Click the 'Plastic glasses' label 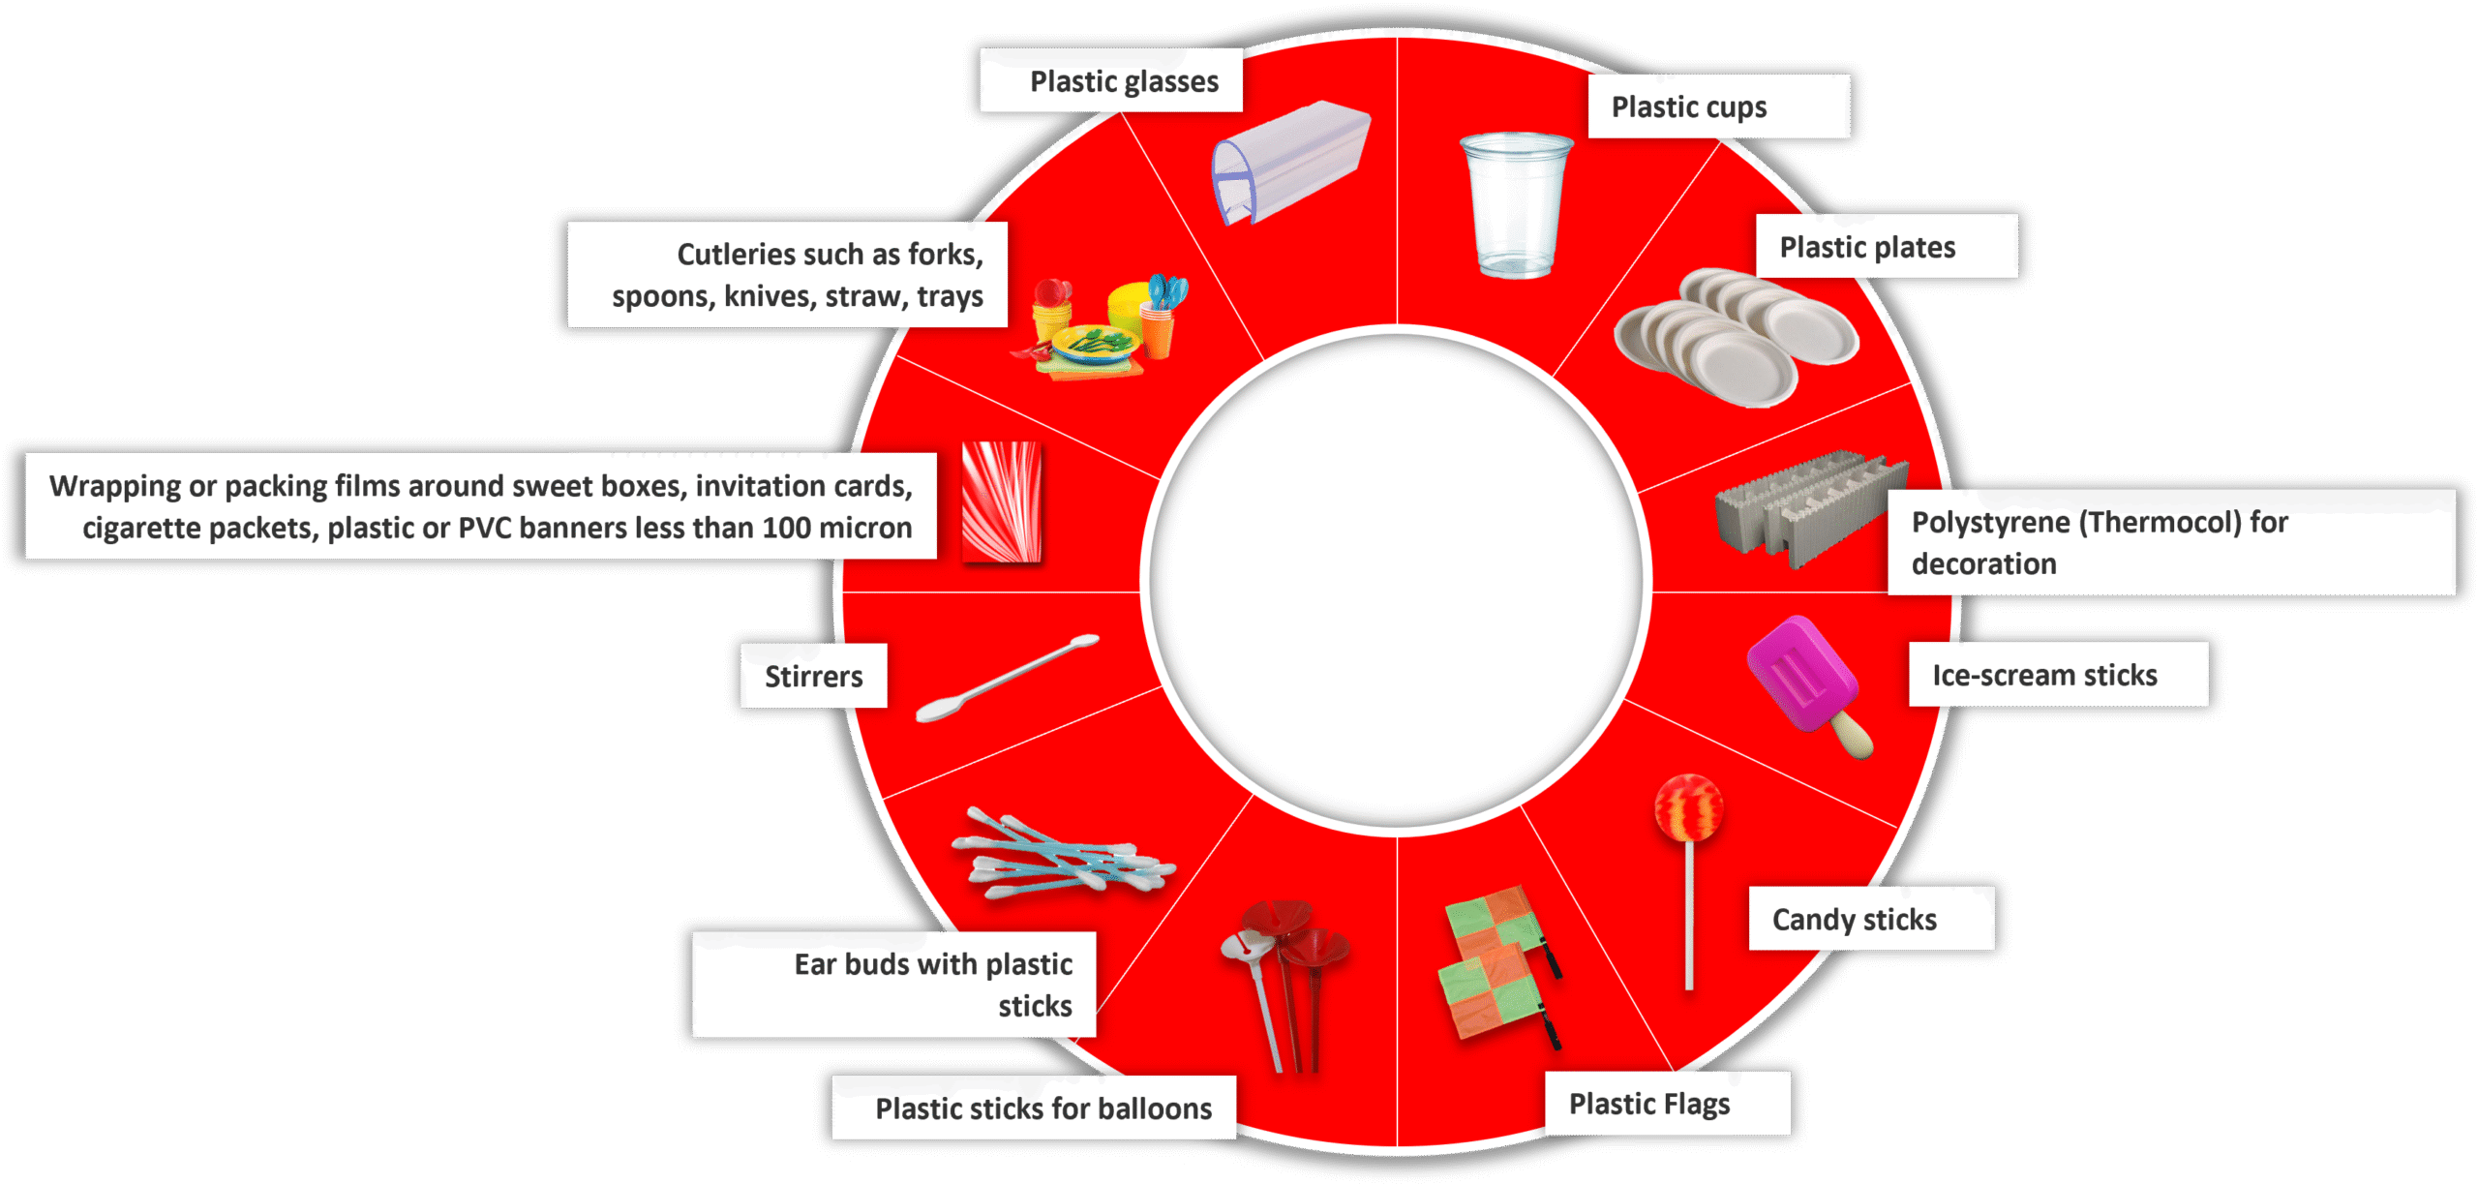[1123, 81]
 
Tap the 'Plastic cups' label [1688, 106]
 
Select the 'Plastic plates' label [1867, 247]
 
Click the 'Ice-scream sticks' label [2044, 675]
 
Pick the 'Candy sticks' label [1854, 919]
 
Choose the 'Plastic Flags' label [1648, 1104]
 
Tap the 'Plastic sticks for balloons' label [1043, 1108]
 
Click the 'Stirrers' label [813, 676]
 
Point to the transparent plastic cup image [1515, 205]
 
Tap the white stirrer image [1007, 677]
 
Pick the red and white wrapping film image [1001, 501]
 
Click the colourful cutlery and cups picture [1099, 329]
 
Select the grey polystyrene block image [1805, 508]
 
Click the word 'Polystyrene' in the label [1993, 523]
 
